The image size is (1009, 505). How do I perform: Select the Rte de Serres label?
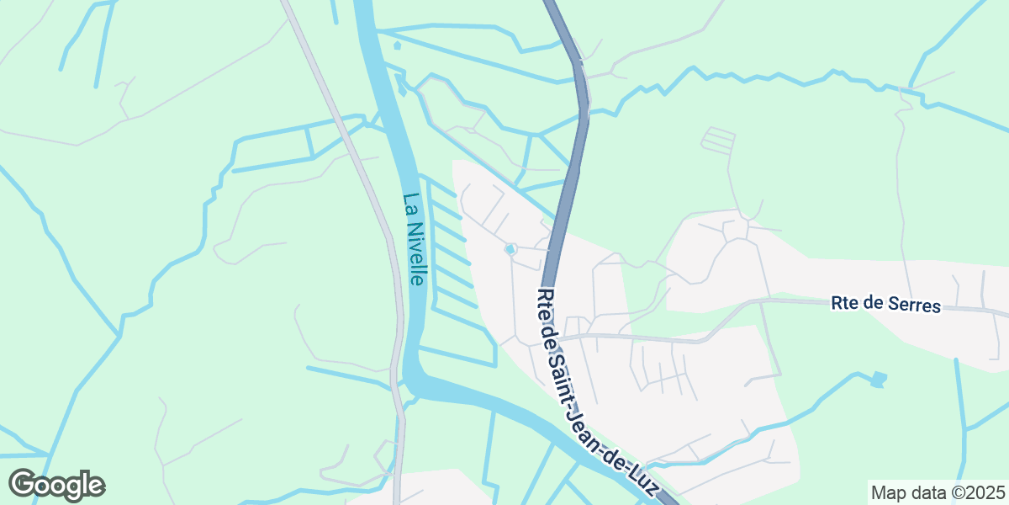(x=885, y=304)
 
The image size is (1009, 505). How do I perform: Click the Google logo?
(x=56, y=485)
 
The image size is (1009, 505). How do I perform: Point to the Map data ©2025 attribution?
(x=937, y=492)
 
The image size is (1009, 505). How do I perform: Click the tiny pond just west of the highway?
(x=510, y=249)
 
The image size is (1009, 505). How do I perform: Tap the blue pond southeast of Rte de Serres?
(x=878, y=380)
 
